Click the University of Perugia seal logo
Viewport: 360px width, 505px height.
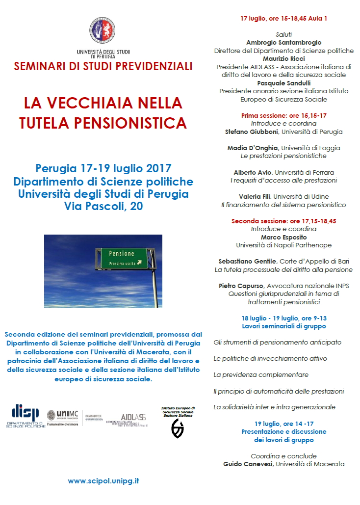(x=103, y=30)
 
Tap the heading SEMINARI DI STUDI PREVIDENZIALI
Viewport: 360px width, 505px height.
(x=103, y=66)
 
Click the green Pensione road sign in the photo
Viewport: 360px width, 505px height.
(x=124, y=258)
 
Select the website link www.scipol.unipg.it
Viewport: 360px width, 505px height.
(x=103, y=481)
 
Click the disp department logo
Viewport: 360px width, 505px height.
(x=25, y=415)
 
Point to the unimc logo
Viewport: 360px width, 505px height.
(x=63, y=416)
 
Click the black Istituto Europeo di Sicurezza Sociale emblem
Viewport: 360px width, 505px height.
(x=178, y=428)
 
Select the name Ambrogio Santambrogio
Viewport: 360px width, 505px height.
(x=283, y=43)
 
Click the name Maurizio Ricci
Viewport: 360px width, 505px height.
(x=283, y=59)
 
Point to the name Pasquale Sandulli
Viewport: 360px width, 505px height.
(x=283, y=83)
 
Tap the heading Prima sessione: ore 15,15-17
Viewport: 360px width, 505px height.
(x=283, y=116)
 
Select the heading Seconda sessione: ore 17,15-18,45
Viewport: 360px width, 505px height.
(x=283, y=221)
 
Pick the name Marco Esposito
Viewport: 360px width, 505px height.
(x=283, y=237)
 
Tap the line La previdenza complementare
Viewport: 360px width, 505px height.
(x=260, y=375)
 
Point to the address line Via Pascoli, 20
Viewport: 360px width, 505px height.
(x=103, y=207)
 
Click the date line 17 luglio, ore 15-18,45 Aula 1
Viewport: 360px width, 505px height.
(x=283, y=19)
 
